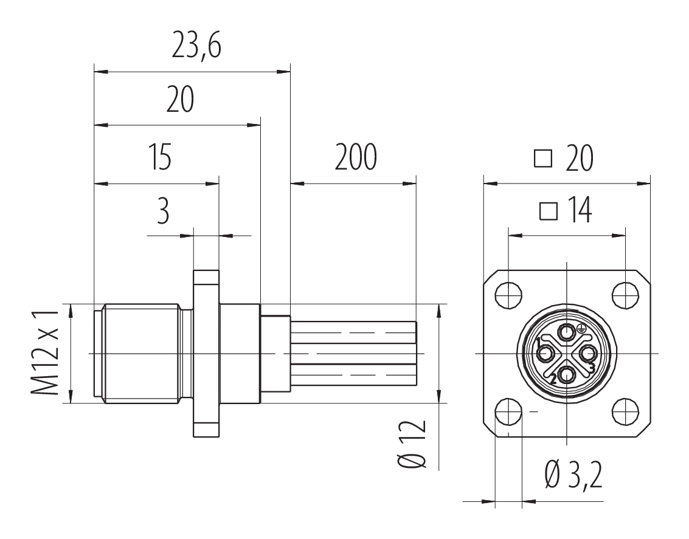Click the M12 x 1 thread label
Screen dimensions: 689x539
point(44,352)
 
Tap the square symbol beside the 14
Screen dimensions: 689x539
point(549,211)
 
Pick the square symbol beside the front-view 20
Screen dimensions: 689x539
point(543,158)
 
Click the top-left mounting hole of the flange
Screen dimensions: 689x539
point(508,295)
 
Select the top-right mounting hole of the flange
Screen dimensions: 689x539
point(625,295)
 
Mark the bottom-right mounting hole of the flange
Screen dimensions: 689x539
point(625,411)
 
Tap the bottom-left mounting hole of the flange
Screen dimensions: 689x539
point(508,411)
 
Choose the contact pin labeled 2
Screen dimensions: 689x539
point(567,374)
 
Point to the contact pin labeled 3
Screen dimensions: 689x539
point(589,352)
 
